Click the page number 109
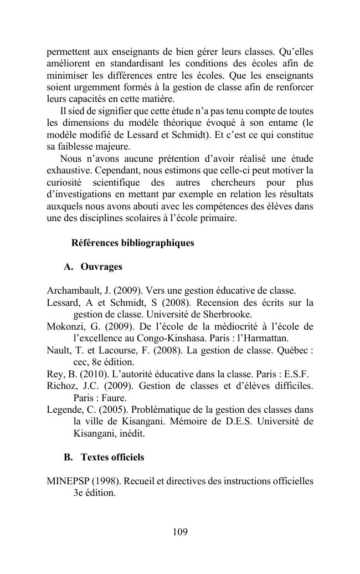point(180,532)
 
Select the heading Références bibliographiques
point(133,243)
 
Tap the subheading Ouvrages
point(101,267)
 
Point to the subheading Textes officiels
point(112,457)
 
